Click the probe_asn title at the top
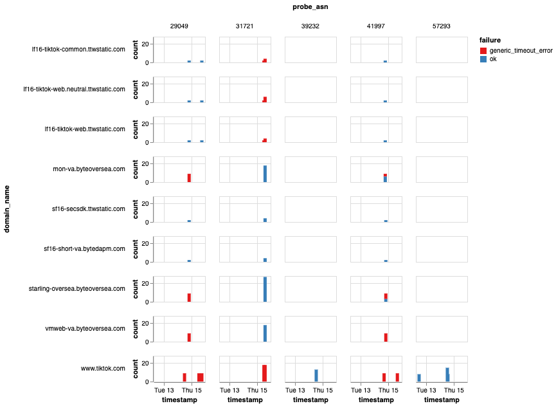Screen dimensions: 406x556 click(311, 8)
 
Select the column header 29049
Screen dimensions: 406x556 click(179, 26)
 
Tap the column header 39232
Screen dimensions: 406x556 click(310, 26)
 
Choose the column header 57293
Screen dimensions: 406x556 click(441, 26)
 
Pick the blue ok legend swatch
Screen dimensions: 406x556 click(483, 59)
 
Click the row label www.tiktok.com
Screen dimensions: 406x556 click(103, 369)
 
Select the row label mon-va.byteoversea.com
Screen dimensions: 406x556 click(89, 169)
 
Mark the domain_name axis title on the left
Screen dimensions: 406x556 click(8, 208)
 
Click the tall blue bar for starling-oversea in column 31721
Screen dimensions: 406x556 click(265, 290)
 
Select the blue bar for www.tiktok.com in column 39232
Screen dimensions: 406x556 click(316, 375)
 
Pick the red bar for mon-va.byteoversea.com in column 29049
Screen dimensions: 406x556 click(190, 178)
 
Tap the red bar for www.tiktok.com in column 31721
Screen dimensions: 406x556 click(264, 373)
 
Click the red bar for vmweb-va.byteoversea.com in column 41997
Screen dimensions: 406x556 click(386, 337)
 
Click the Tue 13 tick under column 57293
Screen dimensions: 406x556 click(427, 390)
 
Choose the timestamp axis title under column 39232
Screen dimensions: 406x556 click(310, 400)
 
